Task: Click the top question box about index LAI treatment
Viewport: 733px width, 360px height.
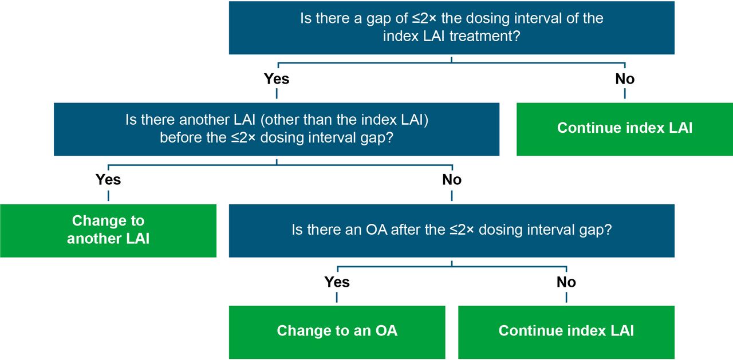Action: (x=452, y=28)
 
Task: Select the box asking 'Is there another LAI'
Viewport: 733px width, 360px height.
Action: (x=277, y=129)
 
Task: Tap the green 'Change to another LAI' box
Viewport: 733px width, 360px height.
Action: (x=108, y=231)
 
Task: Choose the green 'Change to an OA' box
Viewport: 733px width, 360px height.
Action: (x=337, y=332)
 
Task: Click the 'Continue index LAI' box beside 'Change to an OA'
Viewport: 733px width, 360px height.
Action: (x=566, y=332)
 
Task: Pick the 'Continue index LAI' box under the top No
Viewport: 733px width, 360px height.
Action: (x=625, y=129)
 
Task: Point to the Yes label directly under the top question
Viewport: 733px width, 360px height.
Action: (x=277, y=79)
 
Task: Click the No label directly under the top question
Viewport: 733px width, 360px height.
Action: (x=625, y=79)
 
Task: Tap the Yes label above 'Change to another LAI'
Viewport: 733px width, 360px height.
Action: (x=108, y=180)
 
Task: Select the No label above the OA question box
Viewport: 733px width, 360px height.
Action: (x=452, y=180)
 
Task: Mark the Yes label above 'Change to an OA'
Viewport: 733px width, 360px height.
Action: (x=337, y=282)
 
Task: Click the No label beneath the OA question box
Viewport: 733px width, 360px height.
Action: (x=566, y=282)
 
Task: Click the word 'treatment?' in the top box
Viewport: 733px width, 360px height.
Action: (x=484, y=36)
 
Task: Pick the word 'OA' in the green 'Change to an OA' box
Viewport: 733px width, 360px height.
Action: (x=386, y=331)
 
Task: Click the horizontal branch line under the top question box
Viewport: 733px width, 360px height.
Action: (x=452, y=63)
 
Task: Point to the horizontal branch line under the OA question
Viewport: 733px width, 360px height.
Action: (x=452, y=267)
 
